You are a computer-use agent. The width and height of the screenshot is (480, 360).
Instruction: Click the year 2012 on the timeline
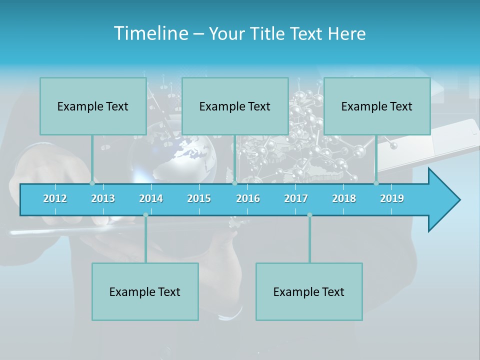tap(55, 198)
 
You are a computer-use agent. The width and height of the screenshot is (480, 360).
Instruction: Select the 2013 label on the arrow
tap(103, 198)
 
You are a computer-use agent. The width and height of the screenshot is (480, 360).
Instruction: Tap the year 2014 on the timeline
tap(151, 198)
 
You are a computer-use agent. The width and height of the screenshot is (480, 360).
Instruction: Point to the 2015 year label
tap(199, 198)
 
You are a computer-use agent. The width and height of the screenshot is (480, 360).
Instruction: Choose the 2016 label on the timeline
tap(248, 198)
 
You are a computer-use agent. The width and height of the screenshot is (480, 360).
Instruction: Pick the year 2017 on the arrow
tap(296, 198)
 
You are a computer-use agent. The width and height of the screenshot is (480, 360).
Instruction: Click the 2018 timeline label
tap(344, 198)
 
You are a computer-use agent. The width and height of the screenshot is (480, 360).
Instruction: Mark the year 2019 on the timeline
tap(392, 198)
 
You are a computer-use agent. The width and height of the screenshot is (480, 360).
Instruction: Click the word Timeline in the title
tap(150, 33)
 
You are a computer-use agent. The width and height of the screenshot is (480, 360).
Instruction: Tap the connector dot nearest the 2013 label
tap(92, 183)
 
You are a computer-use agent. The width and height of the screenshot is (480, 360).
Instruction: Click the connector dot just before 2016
tap(234, 183)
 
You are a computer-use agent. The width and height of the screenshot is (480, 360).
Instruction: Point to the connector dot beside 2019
tap(376, 183)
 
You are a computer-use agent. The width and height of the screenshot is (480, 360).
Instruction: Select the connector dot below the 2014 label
tap(145, 215)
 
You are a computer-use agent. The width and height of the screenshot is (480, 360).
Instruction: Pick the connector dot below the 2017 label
tap(309, 215)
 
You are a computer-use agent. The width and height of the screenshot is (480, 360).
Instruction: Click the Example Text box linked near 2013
tap(93, 106)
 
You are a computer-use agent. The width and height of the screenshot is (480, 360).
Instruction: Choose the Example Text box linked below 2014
tap(145, 291)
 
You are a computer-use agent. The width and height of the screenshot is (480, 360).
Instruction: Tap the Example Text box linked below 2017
tap(309, 291)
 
